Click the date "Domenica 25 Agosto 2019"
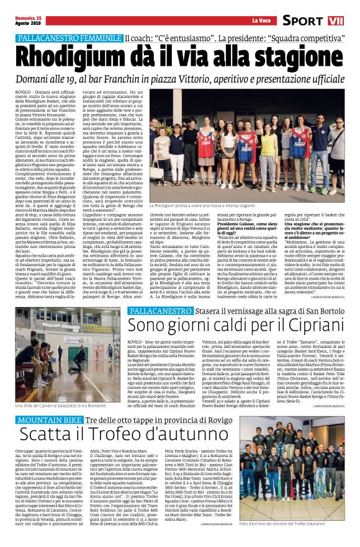(17, 19)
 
